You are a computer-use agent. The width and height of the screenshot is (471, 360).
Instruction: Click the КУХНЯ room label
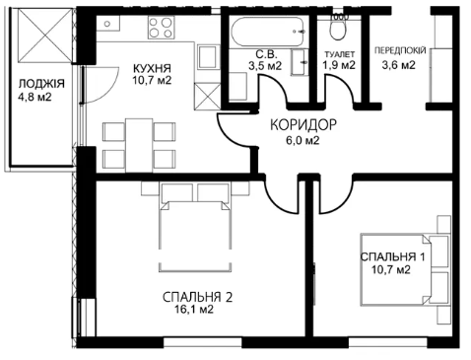(x=152, y=68)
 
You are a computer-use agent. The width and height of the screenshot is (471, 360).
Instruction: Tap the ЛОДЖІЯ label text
(x=41, y=84)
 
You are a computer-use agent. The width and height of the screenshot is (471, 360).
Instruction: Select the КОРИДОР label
(x=303, y=125)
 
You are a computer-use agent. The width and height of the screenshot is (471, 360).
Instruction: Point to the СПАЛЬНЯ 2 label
(x=197, y=297)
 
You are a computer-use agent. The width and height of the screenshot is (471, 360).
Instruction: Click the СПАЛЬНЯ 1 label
(x=392, y=256)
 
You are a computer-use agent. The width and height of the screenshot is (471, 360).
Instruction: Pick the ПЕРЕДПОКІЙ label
(x=400, y=50)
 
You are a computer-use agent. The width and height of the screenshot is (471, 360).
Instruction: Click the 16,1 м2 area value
(x=195, y=309)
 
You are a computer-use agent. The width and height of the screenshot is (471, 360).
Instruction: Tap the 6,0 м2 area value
(x=303, y=141)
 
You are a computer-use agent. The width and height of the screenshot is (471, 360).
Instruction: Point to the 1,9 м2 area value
(x=339, y=65)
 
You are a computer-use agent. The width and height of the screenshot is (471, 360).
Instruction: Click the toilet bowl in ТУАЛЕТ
(x=338, y=27)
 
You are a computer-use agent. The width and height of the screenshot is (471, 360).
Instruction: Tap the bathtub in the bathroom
(x=269, y=32)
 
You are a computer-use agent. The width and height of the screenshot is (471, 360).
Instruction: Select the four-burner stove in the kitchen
(x=161, y=28)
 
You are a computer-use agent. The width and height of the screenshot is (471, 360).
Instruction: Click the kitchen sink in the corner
(x=108, y=24)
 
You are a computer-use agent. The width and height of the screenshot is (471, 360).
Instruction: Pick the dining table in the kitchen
(x=139, y=145)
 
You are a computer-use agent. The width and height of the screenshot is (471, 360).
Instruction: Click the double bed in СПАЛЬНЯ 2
(x=195, y=227)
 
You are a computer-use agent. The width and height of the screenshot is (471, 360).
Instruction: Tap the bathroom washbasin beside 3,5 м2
(x=300, y=62)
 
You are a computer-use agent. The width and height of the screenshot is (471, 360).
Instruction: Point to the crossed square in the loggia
(x=45, y=36)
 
